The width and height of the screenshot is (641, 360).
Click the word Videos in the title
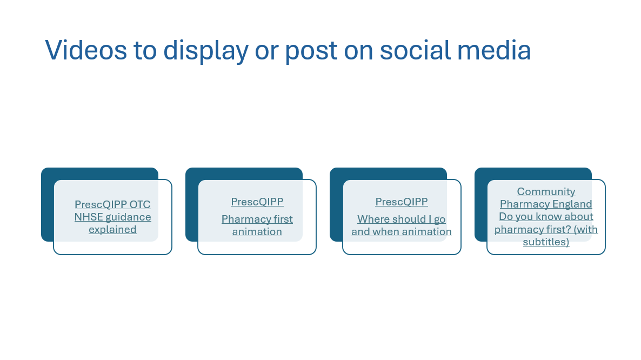(86, 50)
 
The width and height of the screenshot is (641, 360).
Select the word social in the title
(415, 50)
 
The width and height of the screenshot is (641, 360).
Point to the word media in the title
(494, 50)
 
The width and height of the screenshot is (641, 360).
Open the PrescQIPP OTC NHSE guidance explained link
(112, 217)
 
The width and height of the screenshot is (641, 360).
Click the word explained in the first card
(112, 230)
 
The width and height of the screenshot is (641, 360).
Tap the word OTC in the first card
(140, 204)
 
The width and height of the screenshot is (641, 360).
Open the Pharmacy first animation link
(257, 225)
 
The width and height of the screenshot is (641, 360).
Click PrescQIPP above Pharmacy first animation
(257, 202)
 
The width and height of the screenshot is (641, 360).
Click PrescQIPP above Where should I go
(402, 202)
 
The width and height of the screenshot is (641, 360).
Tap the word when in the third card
(384, 232)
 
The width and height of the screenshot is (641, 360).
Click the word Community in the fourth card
(546, 192)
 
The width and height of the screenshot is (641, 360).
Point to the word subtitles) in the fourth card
(546, 242)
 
